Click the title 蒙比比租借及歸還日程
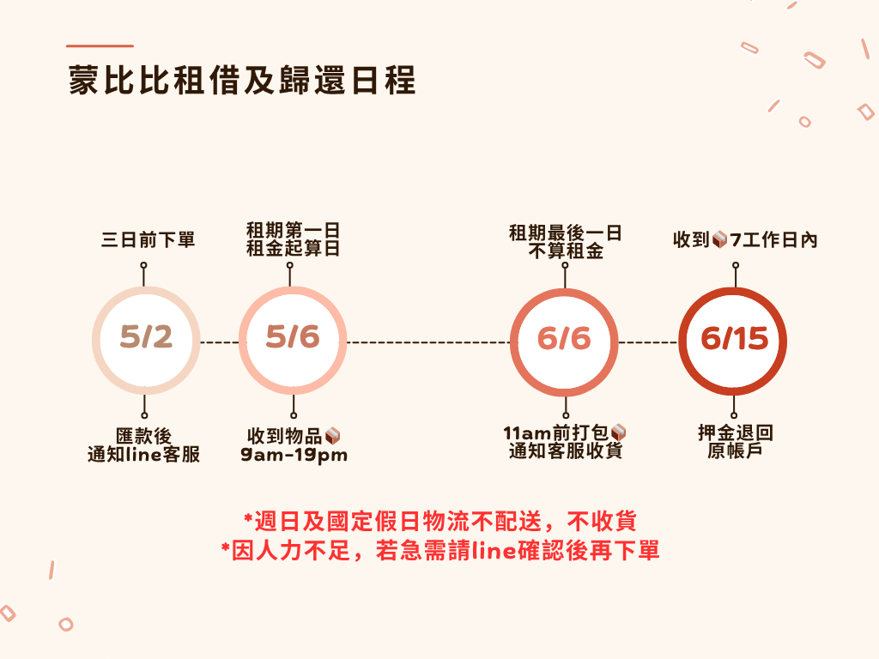242,82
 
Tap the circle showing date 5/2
146,338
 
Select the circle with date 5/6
292,338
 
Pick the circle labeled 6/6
564,338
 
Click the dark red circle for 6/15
733,338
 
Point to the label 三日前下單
149,240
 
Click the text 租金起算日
293,250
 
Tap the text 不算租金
565,250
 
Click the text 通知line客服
144,455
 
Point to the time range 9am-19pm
294,455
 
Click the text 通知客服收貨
565,452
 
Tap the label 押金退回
735,433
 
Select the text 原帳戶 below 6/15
735,451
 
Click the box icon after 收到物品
333,435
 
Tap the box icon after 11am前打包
618,433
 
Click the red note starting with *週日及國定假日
439,521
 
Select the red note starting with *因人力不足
439,550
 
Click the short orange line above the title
100,45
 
